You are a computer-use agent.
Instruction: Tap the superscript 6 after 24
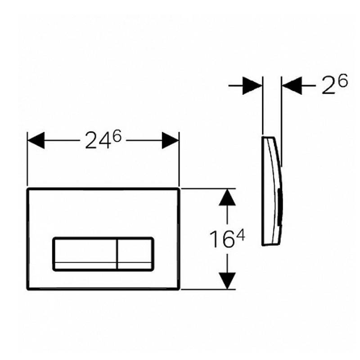117,138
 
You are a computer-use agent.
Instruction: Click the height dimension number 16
220,239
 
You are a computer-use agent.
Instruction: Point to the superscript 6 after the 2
342,81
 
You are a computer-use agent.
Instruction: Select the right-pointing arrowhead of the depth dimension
252,85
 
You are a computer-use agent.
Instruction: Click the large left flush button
85,253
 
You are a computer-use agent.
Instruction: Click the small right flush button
135,253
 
